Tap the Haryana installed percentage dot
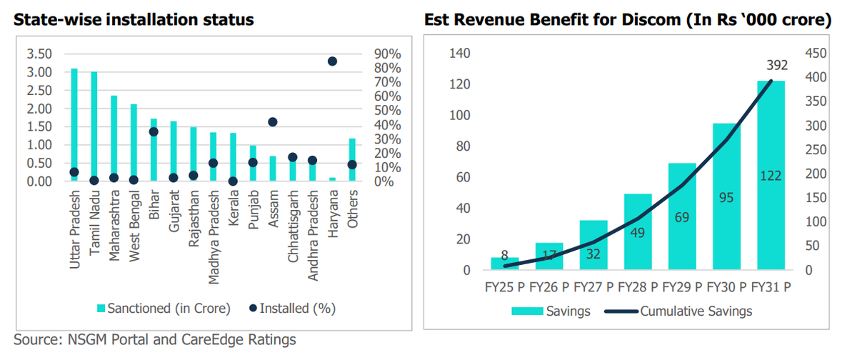pyautogui.click(x=332, y=61)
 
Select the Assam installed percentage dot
pyautogui.click(x=272, y=122)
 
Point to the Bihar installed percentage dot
pyautogui.click(x=154, y=131)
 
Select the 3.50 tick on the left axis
pyautogui.click(x=39, y=54)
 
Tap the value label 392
pyautogui.click(x=777, y=65)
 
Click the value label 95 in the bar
pyautogui.click(x=726, y=197)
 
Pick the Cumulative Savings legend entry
pyautogui.click(x=686, y=311)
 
